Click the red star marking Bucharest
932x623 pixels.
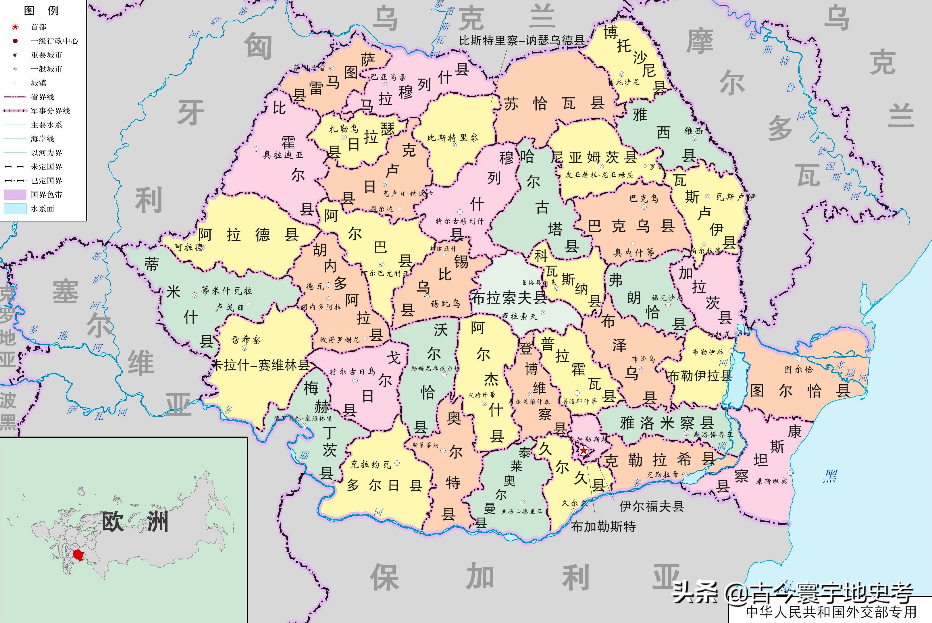coord(583,450)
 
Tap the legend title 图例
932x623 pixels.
coord(42,11)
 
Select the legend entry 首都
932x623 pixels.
coord(38,27)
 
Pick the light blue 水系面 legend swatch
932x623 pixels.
coord(15,209)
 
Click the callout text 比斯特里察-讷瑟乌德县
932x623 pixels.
coord(521,40)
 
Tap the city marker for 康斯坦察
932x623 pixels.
coord(790,473)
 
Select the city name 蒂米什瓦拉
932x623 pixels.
coord(227,291)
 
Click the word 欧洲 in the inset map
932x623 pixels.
coord(135,522)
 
